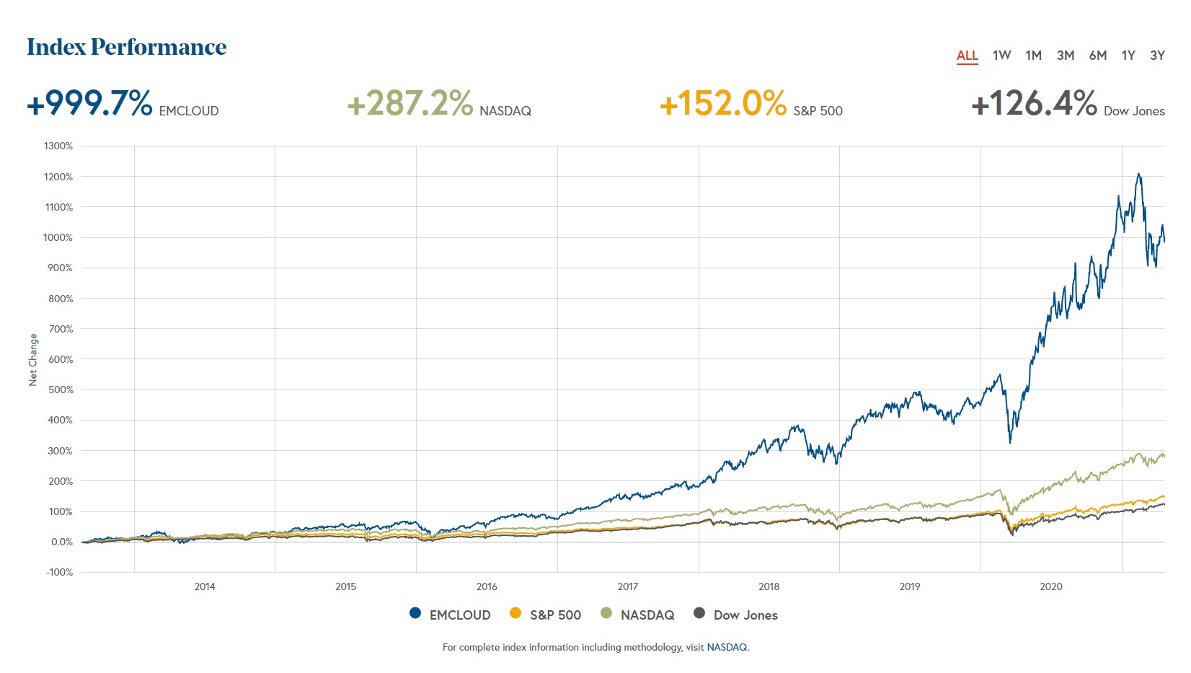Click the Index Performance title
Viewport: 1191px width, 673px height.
coord(127,47)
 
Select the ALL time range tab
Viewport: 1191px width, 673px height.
coord(967,56)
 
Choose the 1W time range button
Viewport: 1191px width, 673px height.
coord(1001,56)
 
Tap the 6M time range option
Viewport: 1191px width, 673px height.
coord(1097,56)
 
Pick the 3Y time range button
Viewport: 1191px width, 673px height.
coord(1157,56)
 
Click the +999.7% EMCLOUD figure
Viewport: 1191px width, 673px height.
coord(89,103)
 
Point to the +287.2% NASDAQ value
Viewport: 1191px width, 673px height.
coord(409,103)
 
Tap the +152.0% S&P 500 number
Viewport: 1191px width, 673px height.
coord(722,103)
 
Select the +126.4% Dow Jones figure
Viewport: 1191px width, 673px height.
coord(1034,103)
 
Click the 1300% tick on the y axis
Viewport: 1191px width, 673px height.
coord(58,146)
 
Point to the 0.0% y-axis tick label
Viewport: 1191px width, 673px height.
coord(61,542)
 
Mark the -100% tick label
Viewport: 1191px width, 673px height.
coord(59,572)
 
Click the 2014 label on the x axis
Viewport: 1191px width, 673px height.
coord(205,586)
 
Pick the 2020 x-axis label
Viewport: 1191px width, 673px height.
coord(1050,586)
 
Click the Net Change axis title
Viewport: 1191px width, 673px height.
coord(32,359)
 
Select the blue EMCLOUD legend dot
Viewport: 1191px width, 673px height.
coord(415,613)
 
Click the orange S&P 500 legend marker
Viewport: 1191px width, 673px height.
coord(515,613)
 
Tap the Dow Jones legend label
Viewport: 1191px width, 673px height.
coord(745,615)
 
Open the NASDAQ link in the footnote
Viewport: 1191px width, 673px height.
coord(727,647)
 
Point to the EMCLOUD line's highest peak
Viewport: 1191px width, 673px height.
coord(1138,174)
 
